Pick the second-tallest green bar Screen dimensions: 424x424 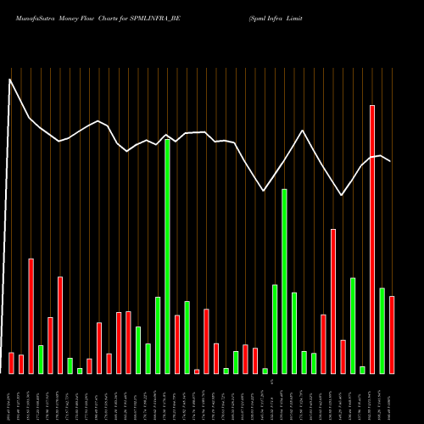point(284,281)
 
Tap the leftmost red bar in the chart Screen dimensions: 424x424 point(11,363)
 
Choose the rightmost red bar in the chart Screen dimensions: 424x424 point(392,335)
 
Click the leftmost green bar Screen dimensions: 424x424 point(41,360)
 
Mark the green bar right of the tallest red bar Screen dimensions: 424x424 point(382,331)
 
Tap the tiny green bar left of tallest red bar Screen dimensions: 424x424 point(362,370)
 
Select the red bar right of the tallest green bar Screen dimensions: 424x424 point(177,344)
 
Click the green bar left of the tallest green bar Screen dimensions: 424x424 point(158,335)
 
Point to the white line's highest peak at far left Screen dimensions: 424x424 point(10,80)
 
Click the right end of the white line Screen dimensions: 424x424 point(391,161)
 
